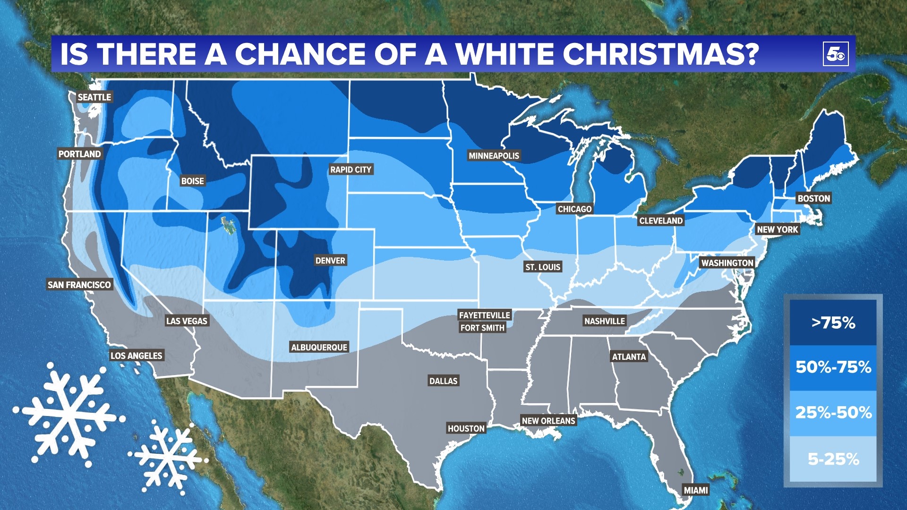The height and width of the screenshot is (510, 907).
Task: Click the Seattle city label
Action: coord(94,97)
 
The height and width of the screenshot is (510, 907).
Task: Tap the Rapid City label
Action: coord(351,170)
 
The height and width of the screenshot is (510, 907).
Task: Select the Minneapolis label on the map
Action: coord(494,156)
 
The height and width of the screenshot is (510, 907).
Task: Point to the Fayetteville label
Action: coord(484,315)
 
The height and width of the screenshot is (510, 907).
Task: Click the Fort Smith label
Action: coord(482,328)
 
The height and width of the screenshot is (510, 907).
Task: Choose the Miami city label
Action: coord(696,490)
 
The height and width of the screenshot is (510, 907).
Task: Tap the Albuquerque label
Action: coord(319,348)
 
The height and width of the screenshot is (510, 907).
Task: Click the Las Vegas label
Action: coord(187,321)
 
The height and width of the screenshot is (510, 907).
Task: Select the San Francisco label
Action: coord(79,285)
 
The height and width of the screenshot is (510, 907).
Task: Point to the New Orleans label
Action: coord(548,421)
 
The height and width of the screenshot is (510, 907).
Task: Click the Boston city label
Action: coord(813,198)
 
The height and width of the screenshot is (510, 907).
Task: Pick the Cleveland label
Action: coord(661,221)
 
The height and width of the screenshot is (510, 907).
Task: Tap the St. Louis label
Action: coord(543,267)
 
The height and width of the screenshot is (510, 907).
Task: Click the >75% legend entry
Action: coord(833,323)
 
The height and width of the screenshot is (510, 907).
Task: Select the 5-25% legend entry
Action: coord(833,459)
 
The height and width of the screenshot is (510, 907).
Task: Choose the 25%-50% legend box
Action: coord(833,413)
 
